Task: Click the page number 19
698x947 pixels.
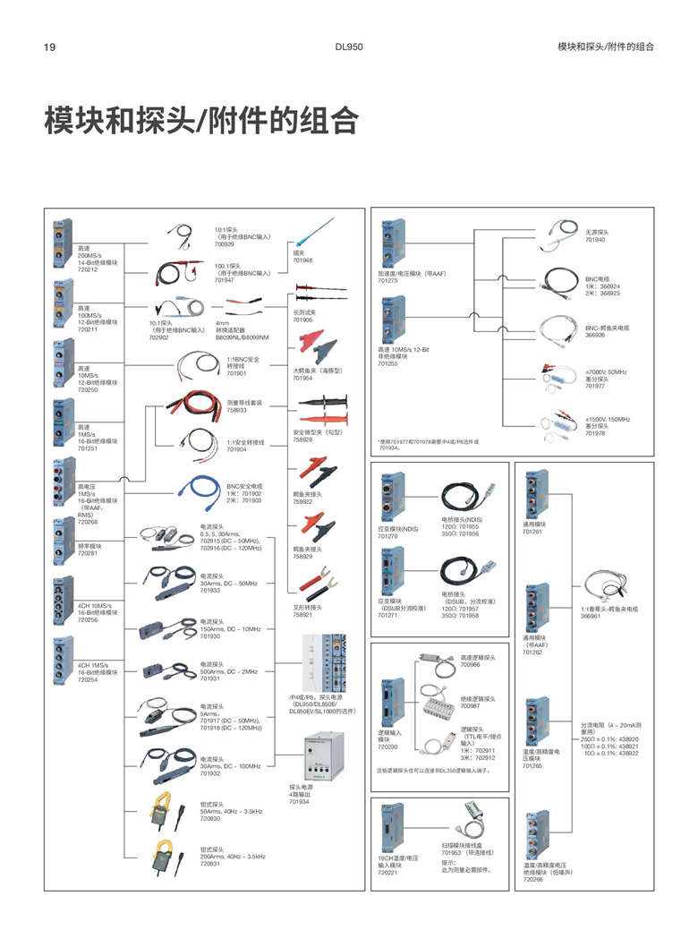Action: (50, 47)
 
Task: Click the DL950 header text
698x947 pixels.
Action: (348, 47)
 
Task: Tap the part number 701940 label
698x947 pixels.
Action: (595, 240)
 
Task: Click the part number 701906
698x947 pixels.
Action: (303, 320)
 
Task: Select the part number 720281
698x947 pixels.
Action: (88, 553)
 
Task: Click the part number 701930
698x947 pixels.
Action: (210, 636)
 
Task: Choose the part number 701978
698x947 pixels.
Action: (595, 433)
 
